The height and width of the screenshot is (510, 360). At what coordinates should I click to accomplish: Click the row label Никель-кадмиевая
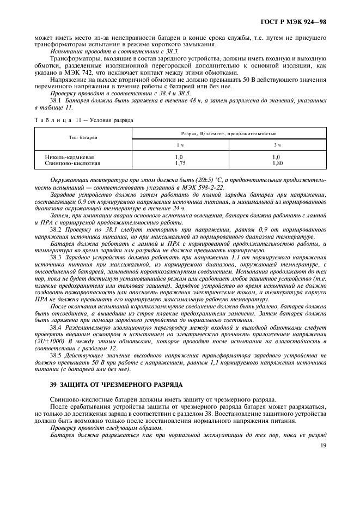tap(68, 156)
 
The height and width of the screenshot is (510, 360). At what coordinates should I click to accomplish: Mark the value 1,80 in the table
tap(278, 162)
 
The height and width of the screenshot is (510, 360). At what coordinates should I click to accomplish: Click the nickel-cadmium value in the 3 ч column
tap(278, 156)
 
